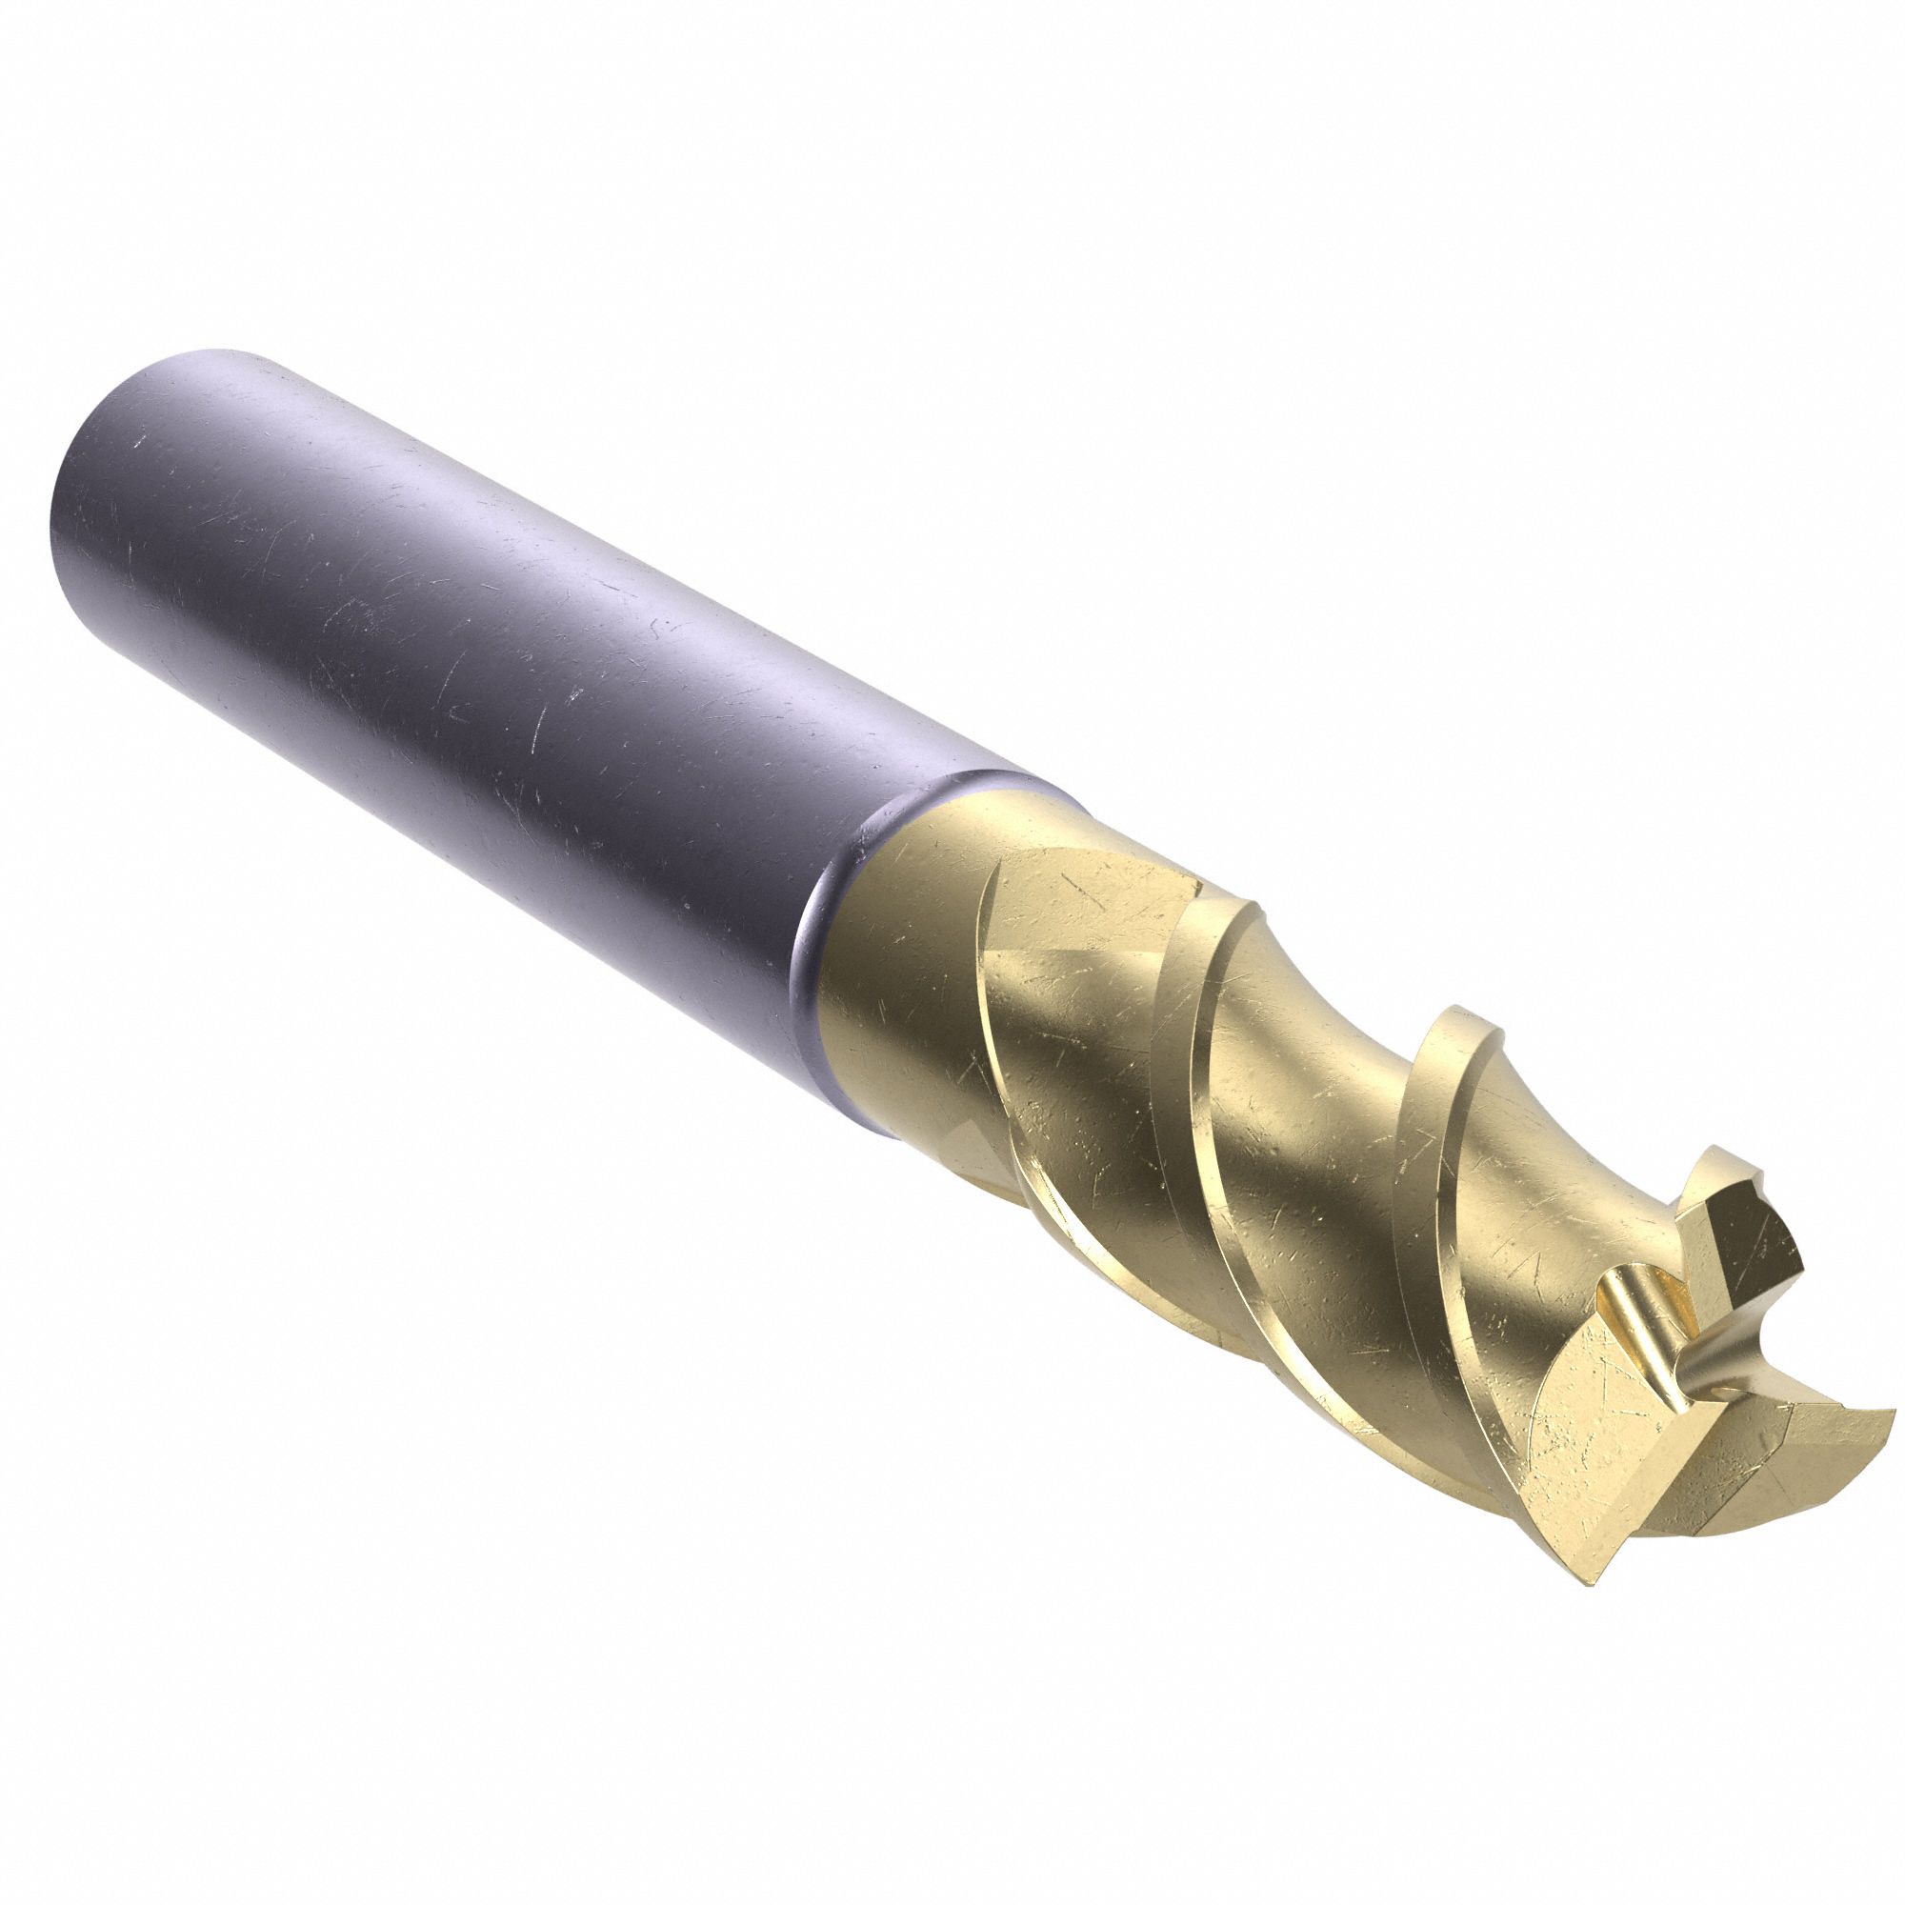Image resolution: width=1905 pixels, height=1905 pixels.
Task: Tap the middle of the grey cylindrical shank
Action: coord(493,641)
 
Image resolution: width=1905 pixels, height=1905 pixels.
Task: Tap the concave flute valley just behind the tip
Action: coord(1538,1183)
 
